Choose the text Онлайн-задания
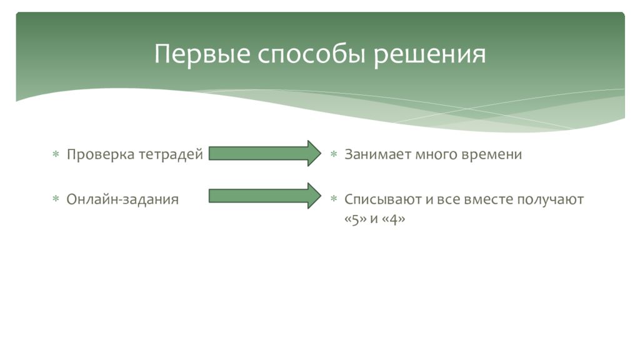[122, 199]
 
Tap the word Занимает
[377, 154]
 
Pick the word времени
[492, 154]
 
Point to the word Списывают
[379, 199]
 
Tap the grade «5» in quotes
[355, 220]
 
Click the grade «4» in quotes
[393, 220]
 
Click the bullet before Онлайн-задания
[56, 199]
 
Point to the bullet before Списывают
[334, 199]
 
